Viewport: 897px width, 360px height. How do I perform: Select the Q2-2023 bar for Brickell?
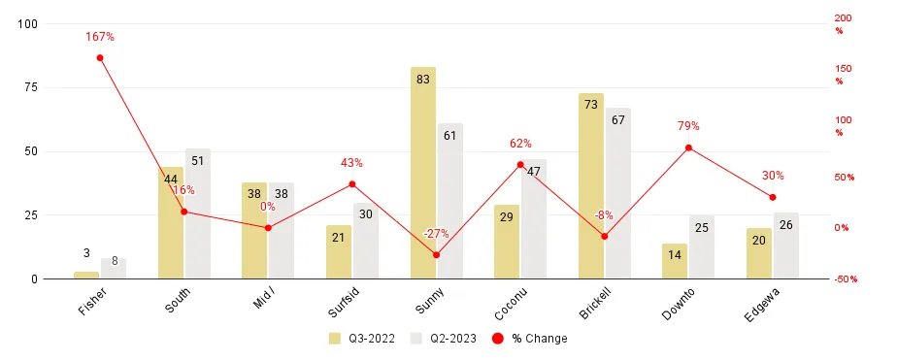click(x=617, y=193)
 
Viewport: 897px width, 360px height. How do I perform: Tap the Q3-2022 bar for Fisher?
click(x=86, y=275)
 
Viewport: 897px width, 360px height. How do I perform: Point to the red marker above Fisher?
click(x=100, y=58)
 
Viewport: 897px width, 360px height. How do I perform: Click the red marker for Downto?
click(x=688, y=147)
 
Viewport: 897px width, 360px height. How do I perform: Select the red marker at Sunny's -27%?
click(x=436, y=255)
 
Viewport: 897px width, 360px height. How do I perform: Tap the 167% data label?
click(x=100, y=37)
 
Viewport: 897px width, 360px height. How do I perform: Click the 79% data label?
click(x=688, y=126)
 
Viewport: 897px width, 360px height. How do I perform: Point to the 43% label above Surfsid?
click(x=351, y=163)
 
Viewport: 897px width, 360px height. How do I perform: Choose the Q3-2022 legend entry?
click(x=358, y=339)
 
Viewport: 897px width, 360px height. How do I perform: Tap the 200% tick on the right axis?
click(x=843, y=23)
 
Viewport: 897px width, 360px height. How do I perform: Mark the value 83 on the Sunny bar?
click(x=422, y=80)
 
